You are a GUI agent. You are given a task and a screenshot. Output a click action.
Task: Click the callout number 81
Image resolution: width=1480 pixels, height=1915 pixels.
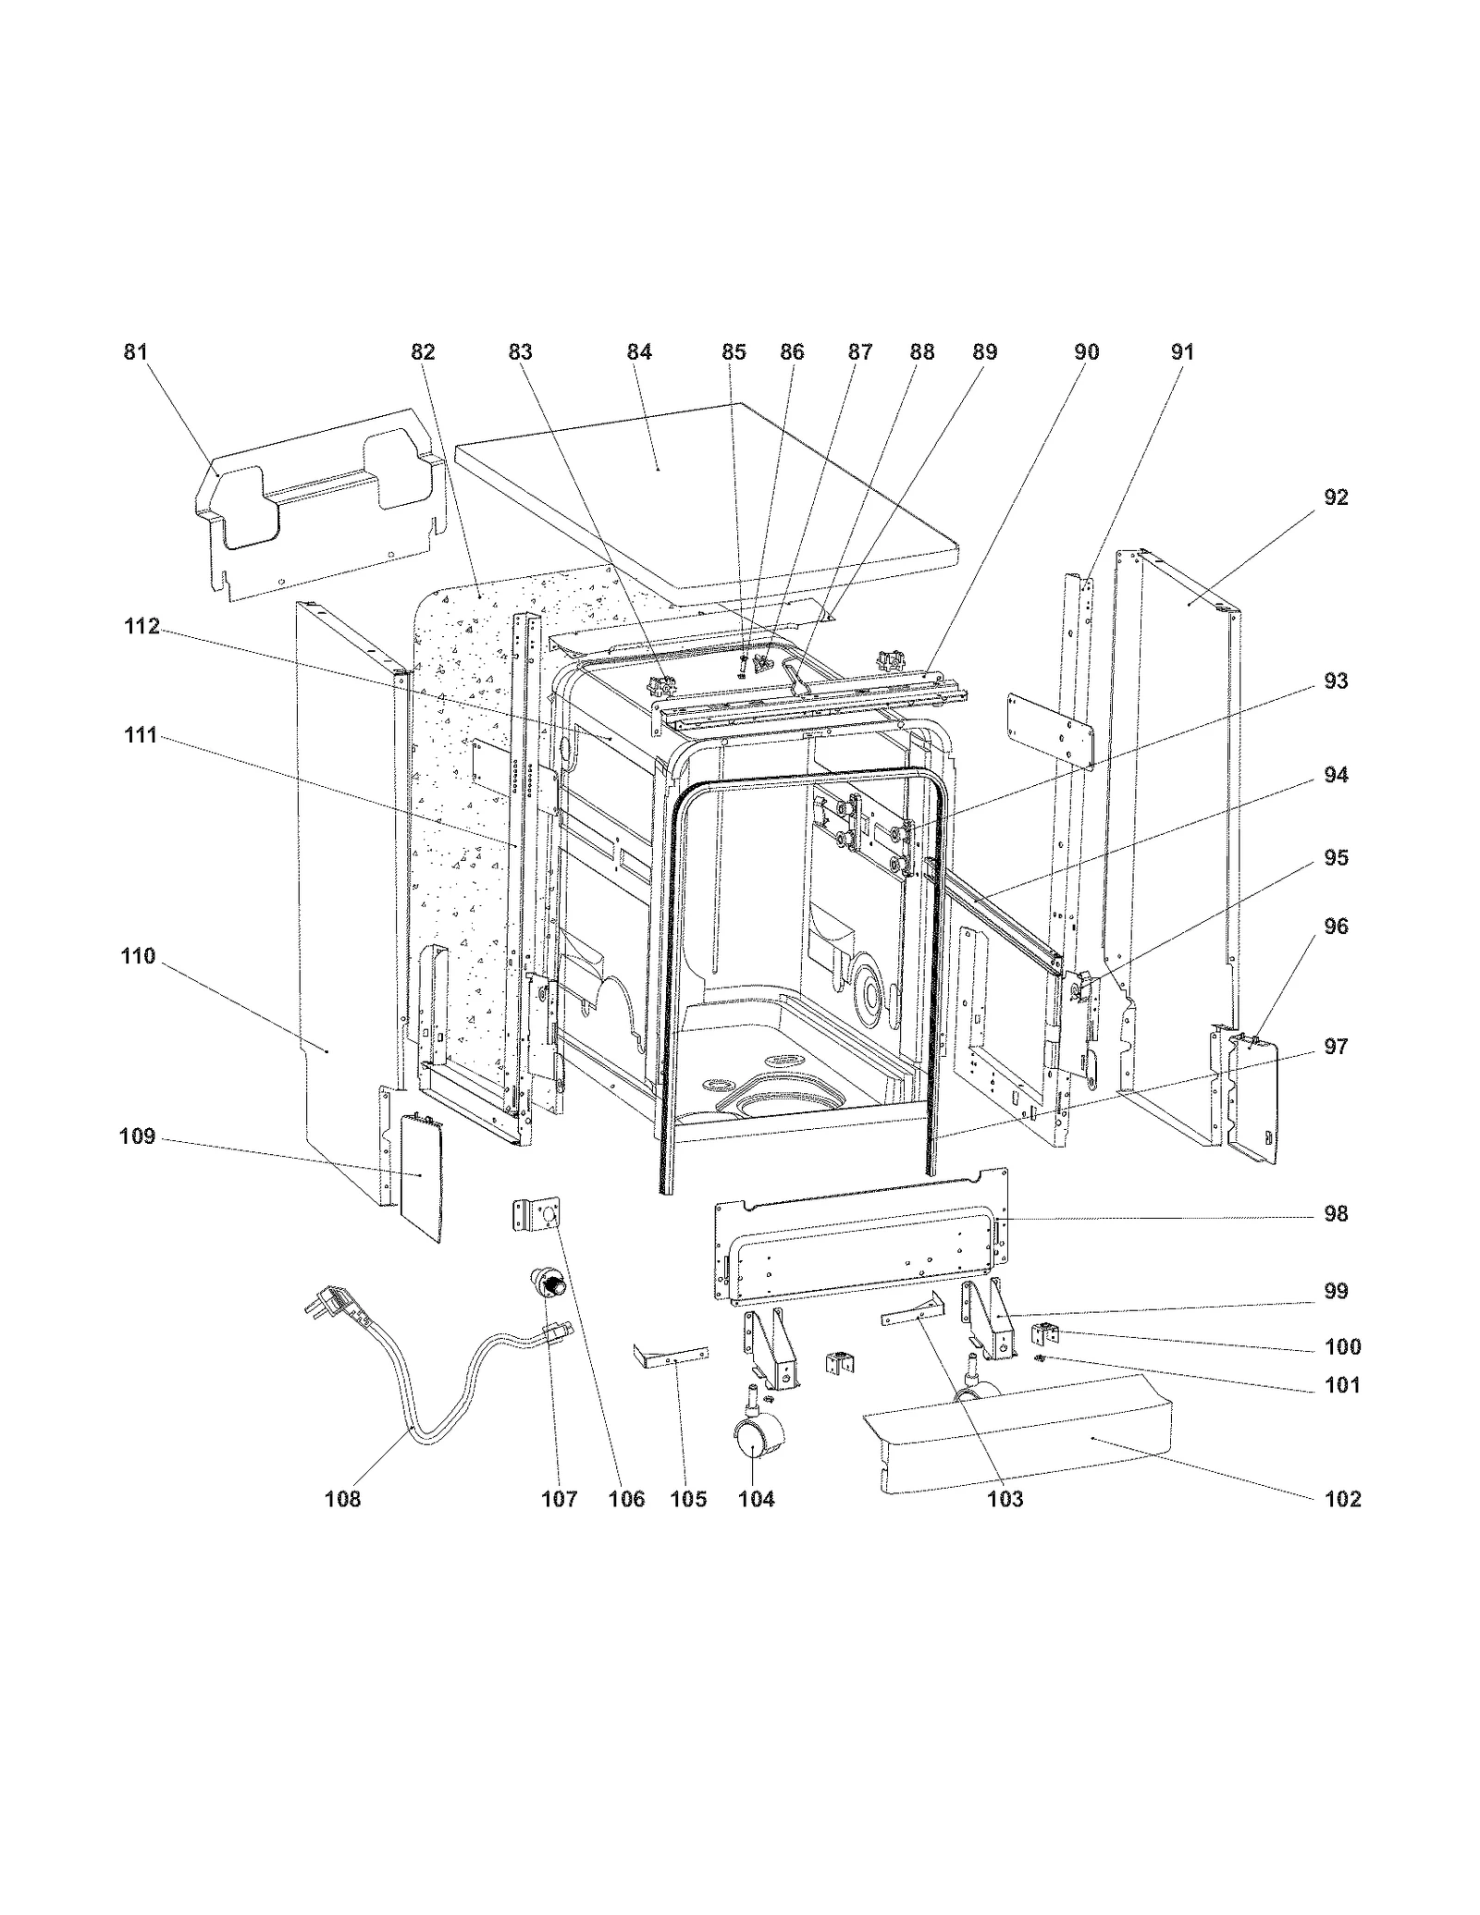pos(136,352)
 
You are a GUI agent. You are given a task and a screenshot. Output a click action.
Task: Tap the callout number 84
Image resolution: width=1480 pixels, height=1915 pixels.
pos(639,352)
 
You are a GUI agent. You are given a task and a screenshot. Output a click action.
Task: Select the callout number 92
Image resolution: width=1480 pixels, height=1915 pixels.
pos(1336,497)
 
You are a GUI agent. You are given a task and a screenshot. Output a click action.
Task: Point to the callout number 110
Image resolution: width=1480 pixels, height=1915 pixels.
pos(138,956)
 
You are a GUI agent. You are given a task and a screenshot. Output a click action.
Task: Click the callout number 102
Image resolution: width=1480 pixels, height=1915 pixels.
pos(1342,1499)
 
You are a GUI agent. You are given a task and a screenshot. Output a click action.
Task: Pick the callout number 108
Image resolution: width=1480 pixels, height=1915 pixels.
pos(342,1499)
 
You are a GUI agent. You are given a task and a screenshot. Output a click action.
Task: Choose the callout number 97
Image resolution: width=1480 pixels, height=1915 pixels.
pos(1336,1047)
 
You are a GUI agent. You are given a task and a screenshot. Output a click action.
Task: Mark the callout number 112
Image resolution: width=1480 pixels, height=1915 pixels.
pos(142,627)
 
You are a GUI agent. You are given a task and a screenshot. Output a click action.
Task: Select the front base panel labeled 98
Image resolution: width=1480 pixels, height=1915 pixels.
pos(860,1239)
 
